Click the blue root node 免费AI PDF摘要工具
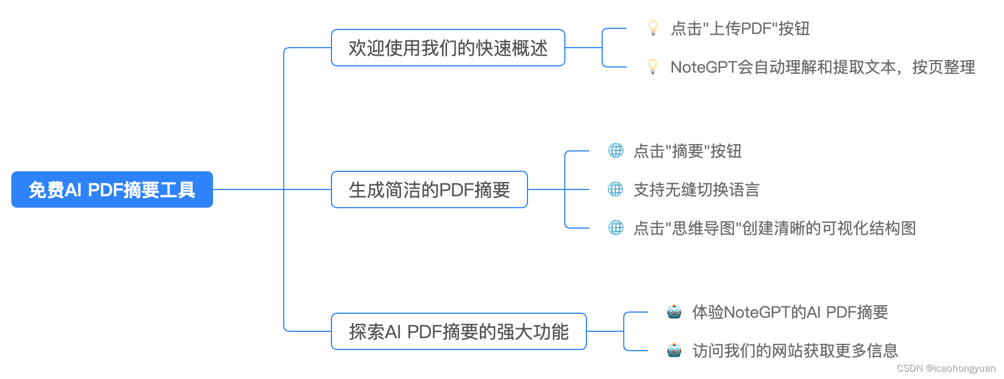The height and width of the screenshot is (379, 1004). coord(112,189)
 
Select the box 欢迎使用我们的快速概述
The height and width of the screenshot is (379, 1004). coord(448,48)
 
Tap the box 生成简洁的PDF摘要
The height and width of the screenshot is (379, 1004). coord(429,189)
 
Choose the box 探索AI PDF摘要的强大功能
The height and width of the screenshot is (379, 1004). coord(458,331)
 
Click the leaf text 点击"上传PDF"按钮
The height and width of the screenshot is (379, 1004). coord(740,28)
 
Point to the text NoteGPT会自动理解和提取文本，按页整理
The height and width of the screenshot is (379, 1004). coord(823,67)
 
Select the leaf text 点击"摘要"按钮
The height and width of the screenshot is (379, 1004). coord(687,151)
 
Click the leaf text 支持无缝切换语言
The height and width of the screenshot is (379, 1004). coord(696,189)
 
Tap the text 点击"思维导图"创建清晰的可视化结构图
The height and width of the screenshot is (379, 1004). coord(775,228)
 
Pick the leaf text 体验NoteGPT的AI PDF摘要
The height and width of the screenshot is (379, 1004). coord(790,312)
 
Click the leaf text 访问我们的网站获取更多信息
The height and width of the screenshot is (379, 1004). coord(795,351)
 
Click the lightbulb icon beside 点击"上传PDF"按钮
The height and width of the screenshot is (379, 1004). coord(653,28)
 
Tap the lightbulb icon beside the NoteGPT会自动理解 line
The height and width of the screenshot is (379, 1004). coord(653,66)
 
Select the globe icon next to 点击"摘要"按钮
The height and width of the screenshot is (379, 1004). coord(616,150)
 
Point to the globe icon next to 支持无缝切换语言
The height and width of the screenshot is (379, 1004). coord(616,189)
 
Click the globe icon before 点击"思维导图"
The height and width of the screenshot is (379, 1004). coord(616,228)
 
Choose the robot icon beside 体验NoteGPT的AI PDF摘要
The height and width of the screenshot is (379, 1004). coord(674,311)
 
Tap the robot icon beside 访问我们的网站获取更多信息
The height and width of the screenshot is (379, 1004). coord(674,350)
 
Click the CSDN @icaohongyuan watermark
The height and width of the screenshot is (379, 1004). coord(946,368)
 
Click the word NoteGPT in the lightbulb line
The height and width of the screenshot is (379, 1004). coord(703,67)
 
